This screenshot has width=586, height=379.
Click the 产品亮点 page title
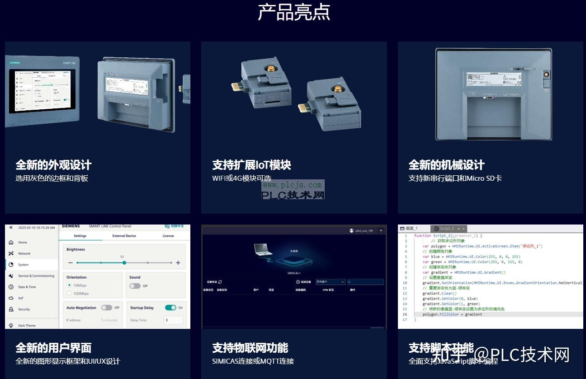point(293,13)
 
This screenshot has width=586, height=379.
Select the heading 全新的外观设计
point(53,165)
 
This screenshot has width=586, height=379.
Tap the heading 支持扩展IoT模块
point(251,165)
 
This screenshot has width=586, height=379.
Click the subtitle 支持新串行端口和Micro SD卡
point(455,178)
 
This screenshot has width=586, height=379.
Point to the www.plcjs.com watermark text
point(292,185)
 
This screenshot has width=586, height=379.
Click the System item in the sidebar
point(24,265)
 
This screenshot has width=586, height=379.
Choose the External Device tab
point(124,236)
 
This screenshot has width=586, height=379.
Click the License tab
point(168,236)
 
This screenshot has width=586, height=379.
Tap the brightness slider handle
point(124,262)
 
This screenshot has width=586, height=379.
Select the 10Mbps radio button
point(69,285)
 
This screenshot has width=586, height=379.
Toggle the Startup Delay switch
point(170,308)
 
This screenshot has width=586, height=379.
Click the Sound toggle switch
point(134,286)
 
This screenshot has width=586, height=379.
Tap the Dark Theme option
point(27,325)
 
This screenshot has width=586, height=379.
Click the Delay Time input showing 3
point(173,320)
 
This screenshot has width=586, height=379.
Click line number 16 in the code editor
point(405,314)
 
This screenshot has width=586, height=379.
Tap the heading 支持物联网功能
point(250,348)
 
